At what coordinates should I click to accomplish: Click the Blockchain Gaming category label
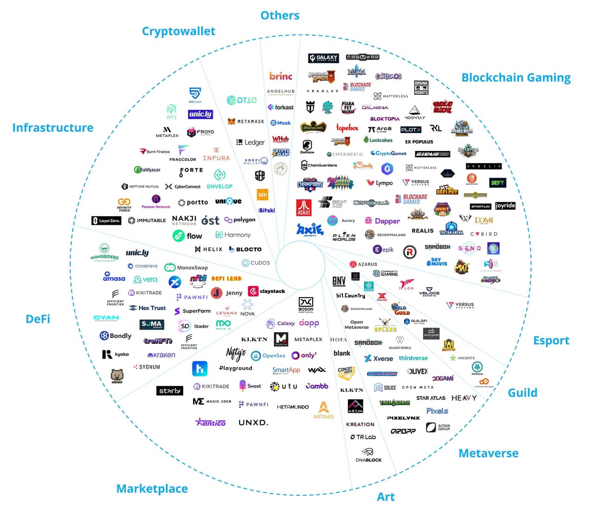pyautogui.click(x=516, y=78)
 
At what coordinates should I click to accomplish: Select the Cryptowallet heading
pyautogui.click(x=178, y=31)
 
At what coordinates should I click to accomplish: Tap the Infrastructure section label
pyautogui.click(x=53, y=128)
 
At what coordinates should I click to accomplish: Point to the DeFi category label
pyautogui.click(x=38, y=319)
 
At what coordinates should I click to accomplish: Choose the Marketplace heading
pyautogui.click(x=152, y=489)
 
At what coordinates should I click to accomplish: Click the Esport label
pyautogui.click(x=551, y=341)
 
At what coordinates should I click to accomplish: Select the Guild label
pyautogui.click(x=522, y=393)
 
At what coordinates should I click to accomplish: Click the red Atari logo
pyautogui.click(x=304, y=207)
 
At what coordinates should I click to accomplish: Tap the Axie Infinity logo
pyautogui.click(x=309, y=229)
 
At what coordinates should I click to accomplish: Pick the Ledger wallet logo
pyautogui.click(x=251, y=142)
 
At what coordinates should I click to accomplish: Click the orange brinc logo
pyautogui.click(x=281, y=76)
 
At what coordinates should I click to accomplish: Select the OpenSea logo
pyautogui.click(x=268, y=355)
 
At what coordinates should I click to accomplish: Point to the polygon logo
pyautogui.click(x=240, y=220)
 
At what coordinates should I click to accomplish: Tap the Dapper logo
pyautogui.click(x=382, y=221)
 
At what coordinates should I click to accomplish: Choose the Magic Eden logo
pyautogui.click(x=212, y=402)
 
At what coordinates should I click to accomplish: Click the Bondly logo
pyautogui.click(x=116, y=336)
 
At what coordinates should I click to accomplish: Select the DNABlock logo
pyautogui.click(x=369, y=455)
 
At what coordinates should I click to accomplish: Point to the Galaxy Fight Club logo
pyautogui.click(x=323, y=58)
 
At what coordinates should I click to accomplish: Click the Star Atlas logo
pyautogui.click(x=431, y=398)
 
